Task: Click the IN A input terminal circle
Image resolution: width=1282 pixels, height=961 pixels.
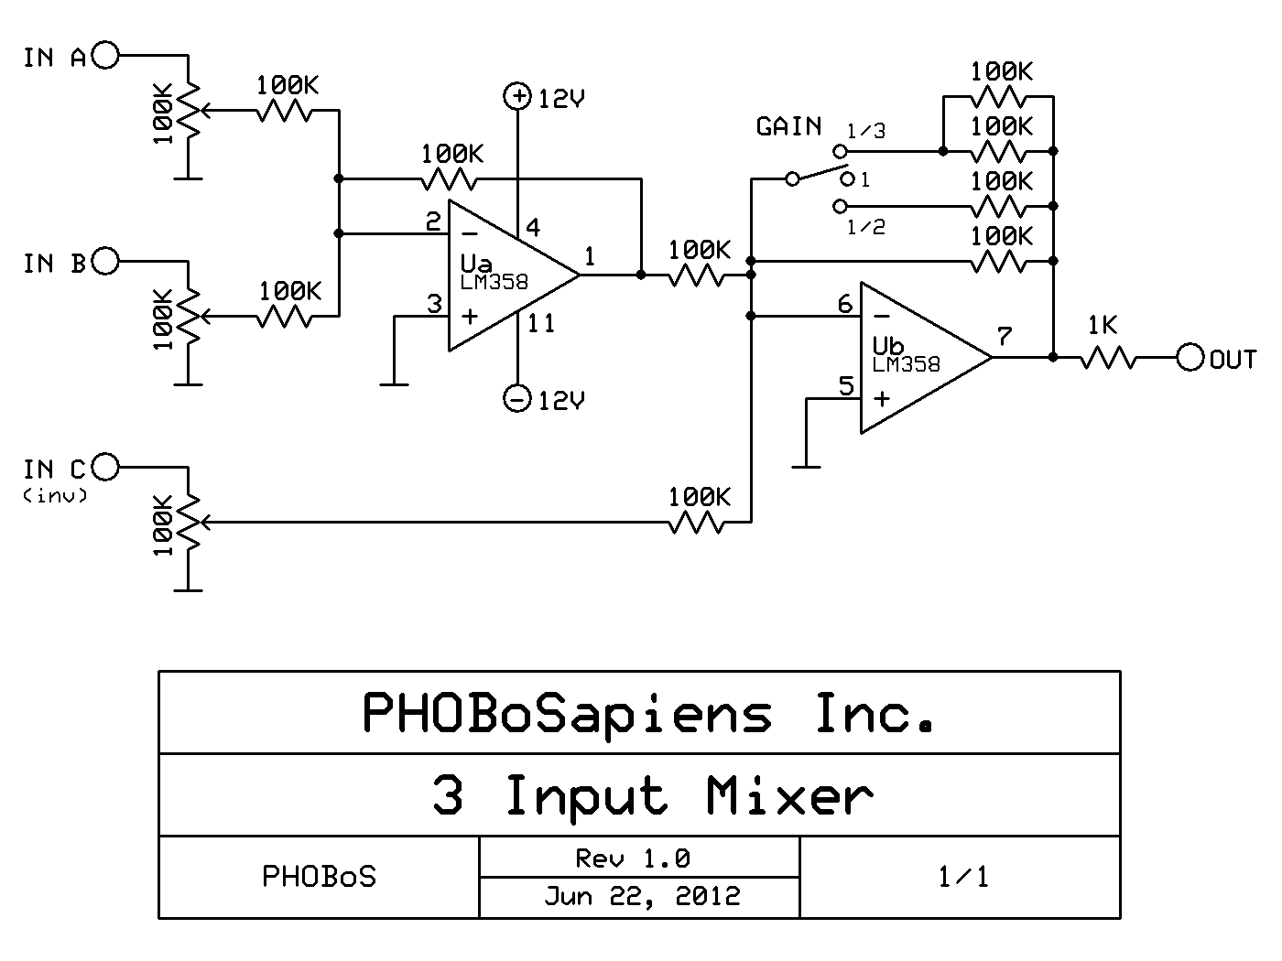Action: click(106, 56)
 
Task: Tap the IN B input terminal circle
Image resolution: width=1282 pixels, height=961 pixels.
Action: click(106, 262)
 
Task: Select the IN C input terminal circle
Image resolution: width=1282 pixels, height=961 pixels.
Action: click(106, 468)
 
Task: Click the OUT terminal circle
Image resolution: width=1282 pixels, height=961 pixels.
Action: click(1190, 358)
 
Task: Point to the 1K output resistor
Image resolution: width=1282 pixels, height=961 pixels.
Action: click(1108, 358)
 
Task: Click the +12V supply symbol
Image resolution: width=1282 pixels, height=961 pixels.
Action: click(518, 96)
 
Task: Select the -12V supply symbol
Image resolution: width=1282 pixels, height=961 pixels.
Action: click(518, 398)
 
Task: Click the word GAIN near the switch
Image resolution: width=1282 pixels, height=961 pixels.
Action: click(788, 126)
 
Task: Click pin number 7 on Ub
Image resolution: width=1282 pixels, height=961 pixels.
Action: click(1005, 337)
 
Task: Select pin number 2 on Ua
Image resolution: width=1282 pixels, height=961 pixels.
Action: click(433, 221)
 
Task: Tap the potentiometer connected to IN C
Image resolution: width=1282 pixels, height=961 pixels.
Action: click(189, 523)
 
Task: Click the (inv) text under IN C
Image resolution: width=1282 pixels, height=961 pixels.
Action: click(56, 496)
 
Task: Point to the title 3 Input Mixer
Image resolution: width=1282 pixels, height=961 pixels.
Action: click(652, 795)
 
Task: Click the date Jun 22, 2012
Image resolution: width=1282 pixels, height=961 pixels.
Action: click(641, 895)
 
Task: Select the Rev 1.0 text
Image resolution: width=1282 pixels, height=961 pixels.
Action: click(632, 858)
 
